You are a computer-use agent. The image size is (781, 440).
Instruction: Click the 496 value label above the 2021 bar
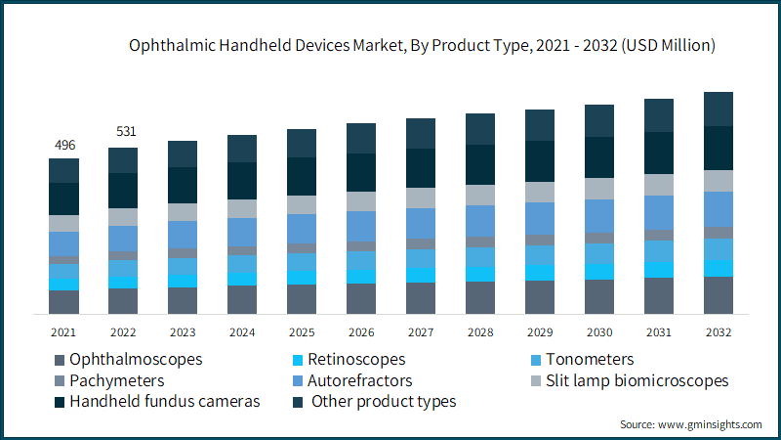point(64,146)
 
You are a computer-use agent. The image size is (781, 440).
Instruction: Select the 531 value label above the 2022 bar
point(124,131)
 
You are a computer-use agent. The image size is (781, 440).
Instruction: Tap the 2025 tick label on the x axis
point(302,332)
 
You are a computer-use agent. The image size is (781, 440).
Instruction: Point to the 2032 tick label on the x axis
point(719,332)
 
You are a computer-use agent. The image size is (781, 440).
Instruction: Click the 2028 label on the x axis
point(480,332)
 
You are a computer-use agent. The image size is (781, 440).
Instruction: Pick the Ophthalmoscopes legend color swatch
point(59,360)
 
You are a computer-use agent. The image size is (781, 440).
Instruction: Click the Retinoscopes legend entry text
point(356,359)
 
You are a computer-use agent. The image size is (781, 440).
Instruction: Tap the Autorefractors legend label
point(359,380)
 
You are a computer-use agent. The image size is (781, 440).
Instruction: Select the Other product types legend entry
point(384,402)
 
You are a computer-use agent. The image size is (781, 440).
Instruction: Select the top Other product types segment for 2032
point(719,109)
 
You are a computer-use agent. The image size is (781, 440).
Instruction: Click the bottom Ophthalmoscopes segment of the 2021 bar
point(64,302)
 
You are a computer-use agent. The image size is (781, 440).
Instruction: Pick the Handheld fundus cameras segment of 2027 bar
point(421,168)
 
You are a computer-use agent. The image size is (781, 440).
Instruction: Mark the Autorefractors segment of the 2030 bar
point(599,215)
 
